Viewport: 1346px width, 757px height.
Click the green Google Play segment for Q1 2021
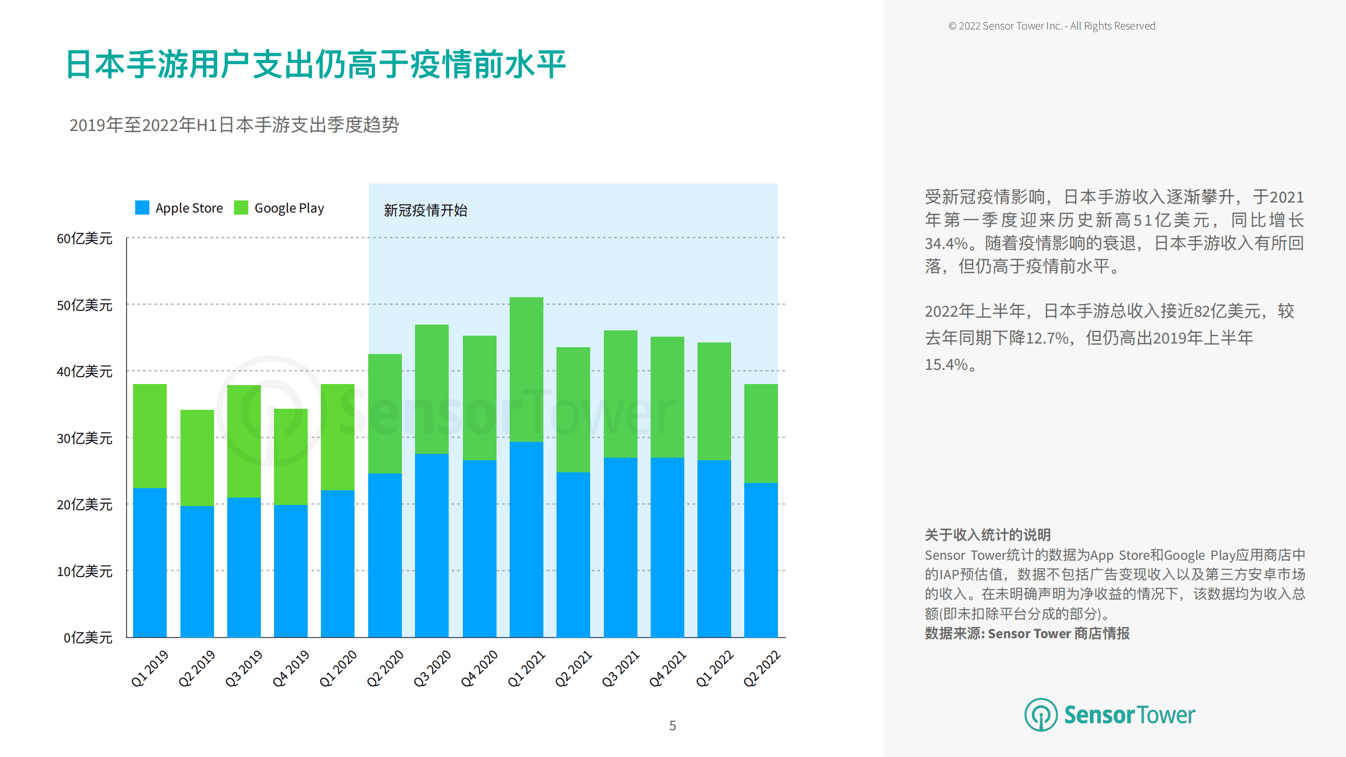[526, 369]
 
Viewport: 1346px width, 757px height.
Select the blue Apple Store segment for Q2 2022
[761, 560]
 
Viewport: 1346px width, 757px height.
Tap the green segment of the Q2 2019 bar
[197, 458]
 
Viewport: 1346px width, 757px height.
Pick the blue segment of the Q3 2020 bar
[431, 546]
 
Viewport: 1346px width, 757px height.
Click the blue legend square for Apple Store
[142, 208]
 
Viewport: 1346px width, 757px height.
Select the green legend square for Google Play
[241, 208]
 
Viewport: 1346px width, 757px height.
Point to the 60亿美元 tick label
[84, 238]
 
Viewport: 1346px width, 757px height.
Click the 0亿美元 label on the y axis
[88, 638]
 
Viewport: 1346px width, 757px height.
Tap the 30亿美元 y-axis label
[84, 438]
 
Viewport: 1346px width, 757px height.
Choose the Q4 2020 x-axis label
[479, 668]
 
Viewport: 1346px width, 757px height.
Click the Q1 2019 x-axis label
[149, 668]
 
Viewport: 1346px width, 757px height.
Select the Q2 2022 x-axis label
[761, 668]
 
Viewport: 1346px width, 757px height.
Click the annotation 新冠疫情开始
[425, 210]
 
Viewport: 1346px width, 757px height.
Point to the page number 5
[672, 726]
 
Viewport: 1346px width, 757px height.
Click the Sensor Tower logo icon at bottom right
[1040, 714]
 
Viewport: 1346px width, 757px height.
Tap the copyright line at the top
[1051, 26]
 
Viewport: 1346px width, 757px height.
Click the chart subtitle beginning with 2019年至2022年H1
[234, 125]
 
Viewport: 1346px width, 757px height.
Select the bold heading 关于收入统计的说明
[987, 535]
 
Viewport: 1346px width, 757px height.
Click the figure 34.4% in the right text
[946, 244]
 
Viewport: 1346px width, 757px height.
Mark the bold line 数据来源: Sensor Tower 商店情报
[1027, 633]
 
